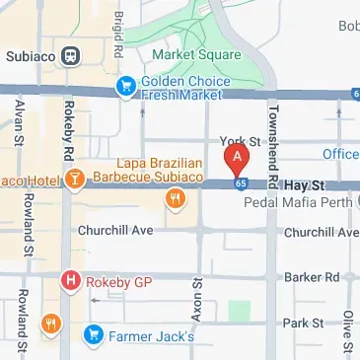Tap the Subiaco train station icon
[70, 56]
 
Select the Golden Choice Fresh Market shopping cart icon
[125, 88]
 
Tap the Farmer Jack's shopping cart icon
[94, 335]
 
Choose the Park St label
[302, 323]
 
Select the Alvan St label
[19, 121]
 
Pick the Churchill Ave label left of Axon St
[114, 231]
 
